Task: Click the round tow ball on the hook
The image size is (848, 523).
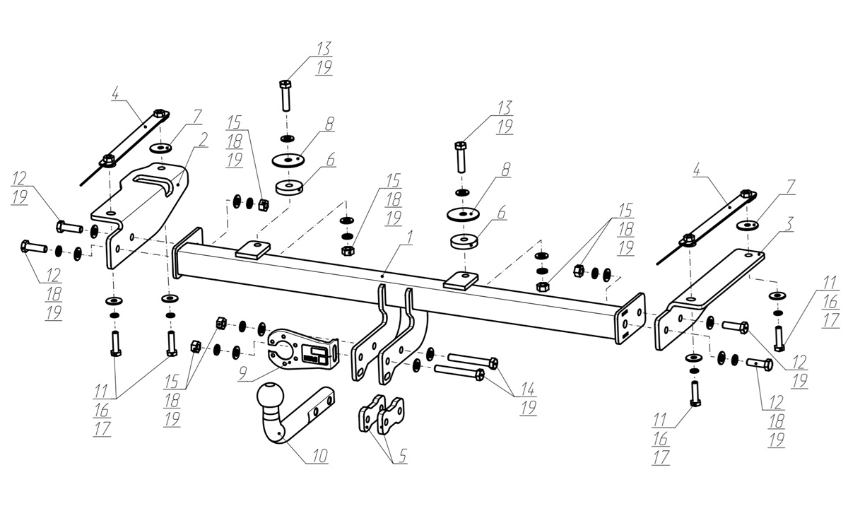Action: click(272, 396)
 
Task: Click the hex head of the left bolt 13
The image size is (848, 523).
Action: click(285, 85)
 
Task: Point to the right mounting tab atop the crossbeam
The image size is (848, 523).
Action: click(461, 278)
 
